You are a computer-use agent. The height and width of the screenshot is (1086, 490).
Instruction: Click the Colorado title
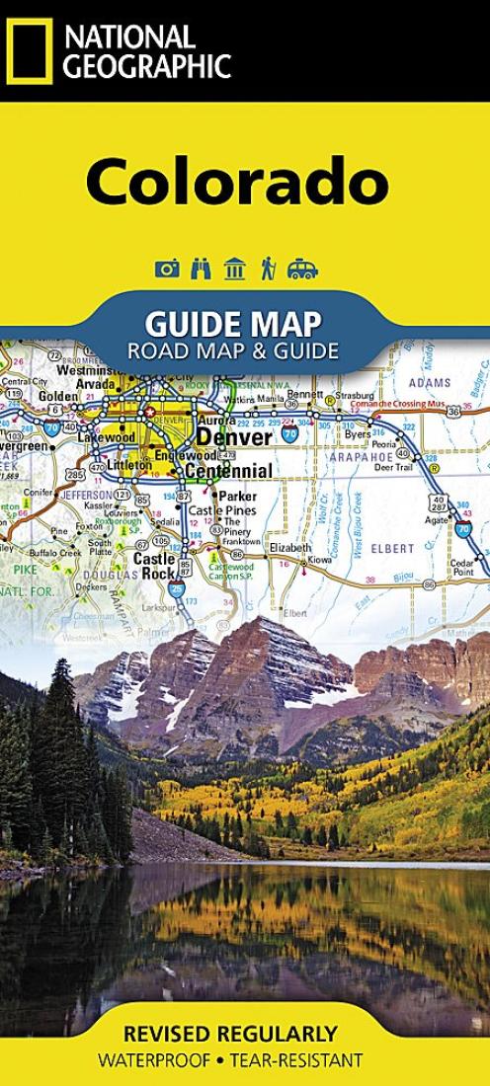[x=237, y=182]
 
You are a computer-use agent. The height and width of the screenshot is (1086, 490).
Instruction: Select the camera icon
[x=167, y=269]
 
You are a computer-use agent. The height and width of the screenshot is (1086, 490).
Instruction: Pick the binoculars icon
[x=201, y=269]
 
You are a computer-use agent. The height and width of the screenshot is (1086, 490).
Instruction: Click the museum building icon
[x=234, y=269]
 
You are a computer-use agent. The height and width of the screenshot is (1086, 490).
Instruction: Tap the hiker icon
[x=267, y=269]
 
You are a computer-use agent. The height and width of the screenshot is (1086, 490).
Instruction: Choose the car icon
[x=302, y=269]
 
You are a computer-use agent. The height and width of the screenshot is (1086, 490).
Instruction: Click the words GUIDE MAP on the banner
[x=232, y=323]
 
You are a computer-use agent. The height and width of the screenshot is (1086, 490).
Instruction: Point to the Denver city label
[x=234, y=436]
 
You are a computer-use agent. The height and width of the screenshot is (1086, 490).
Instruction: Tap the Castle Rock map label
[x=154, y=565]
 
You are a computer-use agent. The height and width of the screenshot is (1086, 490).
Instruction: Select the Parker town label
[x=237, y=496]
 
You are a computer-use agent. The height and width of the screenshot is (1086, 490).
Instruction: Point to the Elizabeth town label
[x=289, y=547]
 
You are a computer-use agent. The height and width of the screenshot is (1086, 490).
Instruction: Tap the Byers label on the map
[x=357, y=433]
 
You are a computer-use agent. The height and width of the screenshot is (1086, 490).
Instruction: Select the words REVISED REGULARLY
[x=230, y=1035]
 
